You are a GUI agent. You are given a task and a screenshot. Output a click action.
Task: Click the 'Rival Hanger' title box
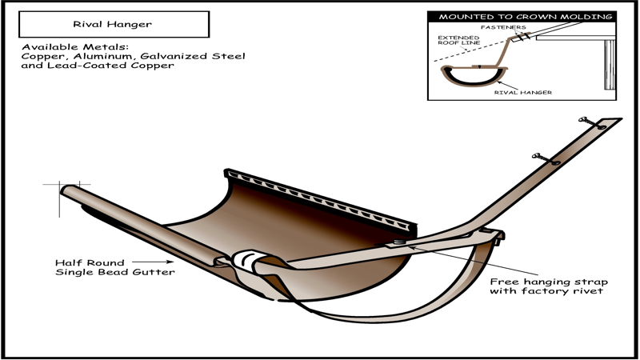114,24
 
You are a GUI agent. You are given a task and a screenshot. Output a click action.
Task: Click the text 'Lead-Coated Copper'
110,66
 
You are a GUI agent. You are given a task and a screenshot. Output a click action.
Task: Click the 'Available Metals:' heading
75,47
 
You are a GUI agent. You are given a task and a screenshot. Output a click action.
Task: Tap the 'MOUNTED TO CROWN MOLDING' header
526,17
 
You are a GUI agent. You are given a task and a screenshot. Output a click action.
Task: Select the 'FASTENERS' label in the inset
503,27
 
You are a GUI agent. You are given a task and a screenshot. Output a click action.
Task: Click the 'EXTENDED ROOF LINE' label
458,40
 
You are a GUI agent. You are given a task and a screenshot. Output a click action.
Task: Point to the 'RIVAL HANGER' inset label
523,92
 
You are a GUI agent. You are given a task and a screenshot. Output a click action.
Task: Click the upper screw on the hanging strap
593,123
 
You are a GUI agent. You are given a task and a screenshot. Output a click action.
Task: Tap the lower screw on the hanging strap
546,159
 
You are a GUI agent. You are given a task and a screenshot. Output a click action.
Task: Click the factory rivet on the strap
399,242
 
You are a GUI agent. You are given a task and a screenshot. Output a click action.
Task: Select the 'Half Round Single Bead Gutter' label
114,267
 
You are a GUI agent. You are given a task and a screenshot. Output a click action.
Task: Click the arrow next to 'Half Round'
153,262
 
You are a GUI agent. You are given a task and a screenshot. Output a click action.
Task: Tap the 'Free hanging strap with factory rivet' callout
549,286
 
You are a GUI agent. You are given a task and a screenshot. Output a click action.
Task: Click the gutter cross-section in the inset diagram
474,78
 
